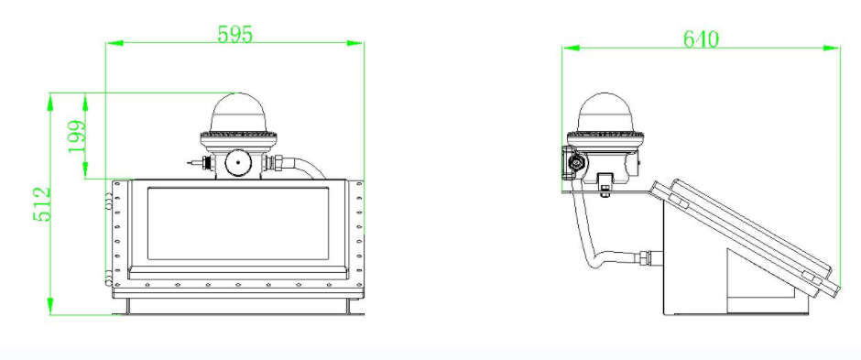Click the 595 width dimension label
(x=235, y=34)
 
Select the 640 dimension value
(x=701, y=39)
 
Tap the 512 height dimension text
(x=42, y=204)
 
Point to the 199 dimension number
(x=77, y=136)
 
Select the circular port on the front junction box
(x=237, y=162)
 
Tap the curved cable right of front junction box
(x=307, y=168)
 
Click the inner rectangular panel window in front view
(x=238, y=224)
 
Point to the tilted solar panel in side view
(x=745, y=237)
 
